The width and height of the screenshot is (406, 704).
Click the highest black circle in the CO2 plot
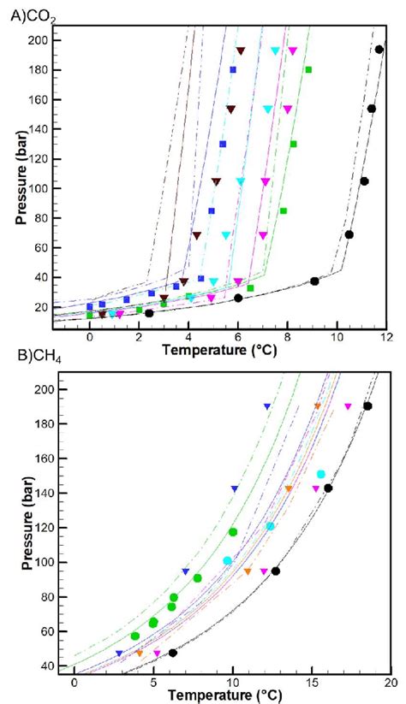coord(379,50)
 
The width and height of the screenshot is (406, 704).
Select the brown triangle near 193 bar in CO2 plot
coord(241,50)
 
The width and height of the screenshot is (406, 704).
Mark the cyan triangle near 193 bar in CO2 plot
coord(275,50)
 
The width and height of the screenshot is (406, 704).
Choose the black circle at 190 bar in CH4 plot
coord(367,406)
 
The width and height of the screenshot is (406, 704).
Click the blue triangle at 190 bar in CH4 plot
coord(267,406)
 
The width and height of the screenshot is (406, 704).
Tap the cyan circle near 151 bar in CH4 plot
coord(321,474)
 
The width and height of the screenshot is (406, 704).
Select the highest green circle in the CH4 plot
coord(233,532)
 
